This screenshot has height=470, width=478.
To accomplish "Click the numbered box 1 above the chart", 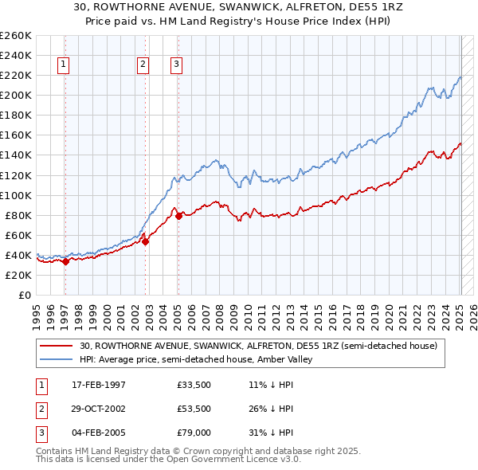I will [x=63, y=65].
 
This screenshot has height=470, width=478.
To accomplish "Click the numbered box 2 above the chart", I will [x=143, y=65].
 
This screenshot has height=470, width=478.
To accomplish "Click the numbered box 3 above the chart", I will [x=175, y=65].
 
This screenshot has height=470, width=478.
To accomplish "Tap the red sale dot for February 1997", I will [x=66, y=261].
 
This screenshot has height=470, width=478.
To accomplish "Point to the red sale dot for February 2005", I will [x=178, y=216].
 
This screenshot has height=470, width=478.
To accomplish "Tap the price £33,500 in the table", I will [x=194, y=386].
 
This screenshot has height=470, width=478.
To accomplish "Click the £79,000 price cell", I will [x=194, y=433].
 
